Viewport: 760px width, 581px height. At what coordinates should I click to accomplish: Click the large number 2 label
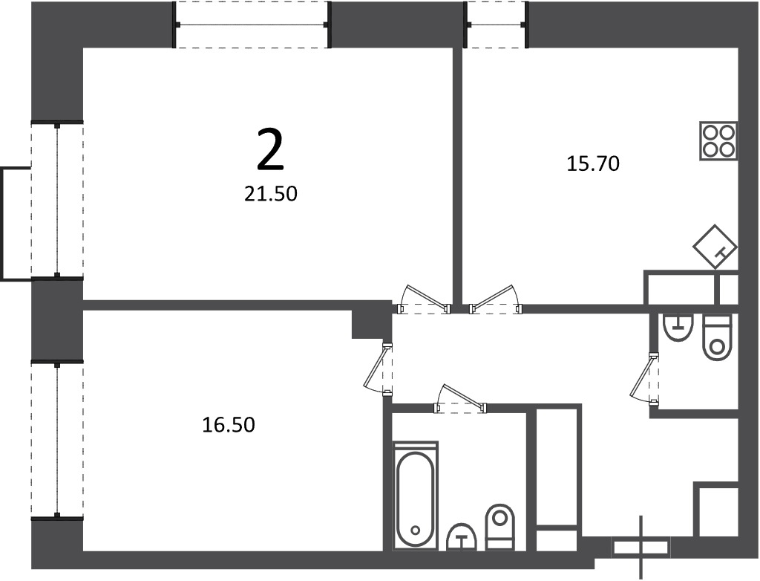270,150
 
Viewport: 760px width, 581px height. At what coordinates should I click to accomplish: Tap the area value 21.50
270,194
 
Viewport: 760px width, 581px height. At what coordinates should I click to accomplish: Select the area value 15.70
593,163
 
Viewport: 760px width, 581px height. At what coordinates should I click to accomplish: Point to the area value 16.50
229,425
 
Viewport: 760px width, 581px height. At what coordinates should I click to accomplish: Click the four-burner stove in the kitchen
718,140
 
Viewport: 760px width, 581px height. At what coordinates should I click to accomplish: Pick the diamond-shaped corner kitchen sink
715,247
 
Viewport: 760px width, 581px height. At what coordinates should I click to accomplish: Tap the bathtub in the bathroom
416,496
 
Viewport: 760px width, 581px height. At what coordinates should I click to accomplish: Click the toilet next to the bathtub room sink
499,528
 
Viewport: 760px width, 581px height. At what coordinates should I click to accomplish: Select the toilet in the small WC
717,337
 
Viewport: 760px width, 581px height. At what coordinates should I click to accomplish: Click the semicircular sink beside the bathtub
462,537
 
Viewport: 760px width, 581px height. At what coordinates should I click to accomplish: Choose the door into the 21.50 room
424,299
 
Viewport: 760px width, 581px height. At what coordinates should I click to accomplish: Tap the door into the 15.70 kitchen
496,299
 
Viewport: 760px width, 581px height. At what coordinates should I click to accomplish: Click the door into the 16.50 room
378,370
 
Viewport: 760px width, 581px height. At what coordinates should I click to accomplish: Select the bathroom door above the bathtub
460,399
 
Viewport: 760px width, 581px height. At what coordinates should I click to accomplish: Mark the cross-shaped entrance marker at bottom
641,548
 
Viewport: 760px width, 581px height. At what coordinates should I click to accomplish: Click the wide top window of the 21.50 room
252,25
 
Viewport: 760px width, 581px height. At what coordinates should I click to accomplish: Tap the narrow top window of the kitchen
495,25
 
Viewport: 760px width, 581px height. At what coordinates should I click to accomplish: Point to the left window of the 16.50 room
57,440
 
